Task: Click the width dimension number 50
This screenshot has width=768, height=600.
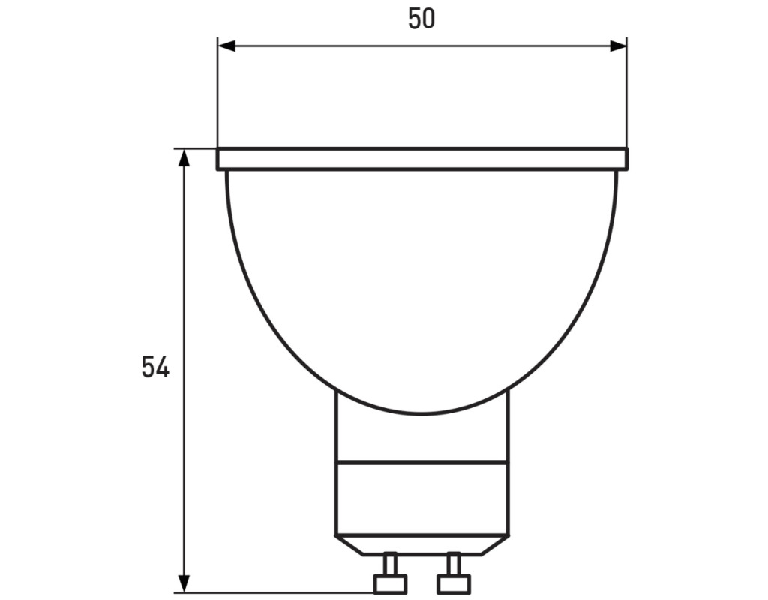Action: click(421, 19)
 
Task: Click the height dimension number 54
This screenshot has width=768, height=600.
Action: click(155, 366)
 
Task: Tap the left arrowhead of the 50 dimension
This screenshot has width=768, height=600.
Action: click(226, 46)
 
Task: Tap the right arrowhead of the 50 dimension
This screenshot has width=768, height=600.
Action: click(618, 46)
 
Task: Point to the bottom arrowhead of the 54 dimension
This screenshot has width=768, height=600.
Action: click(184, 583)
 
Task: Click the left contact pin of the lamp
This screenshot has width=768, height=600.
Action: click(390, 573)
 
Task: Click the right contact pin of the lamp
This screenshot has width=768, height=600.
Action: click(454, 573)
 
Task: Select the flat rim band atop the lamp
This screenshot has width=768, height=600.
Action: click(422, 159)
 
